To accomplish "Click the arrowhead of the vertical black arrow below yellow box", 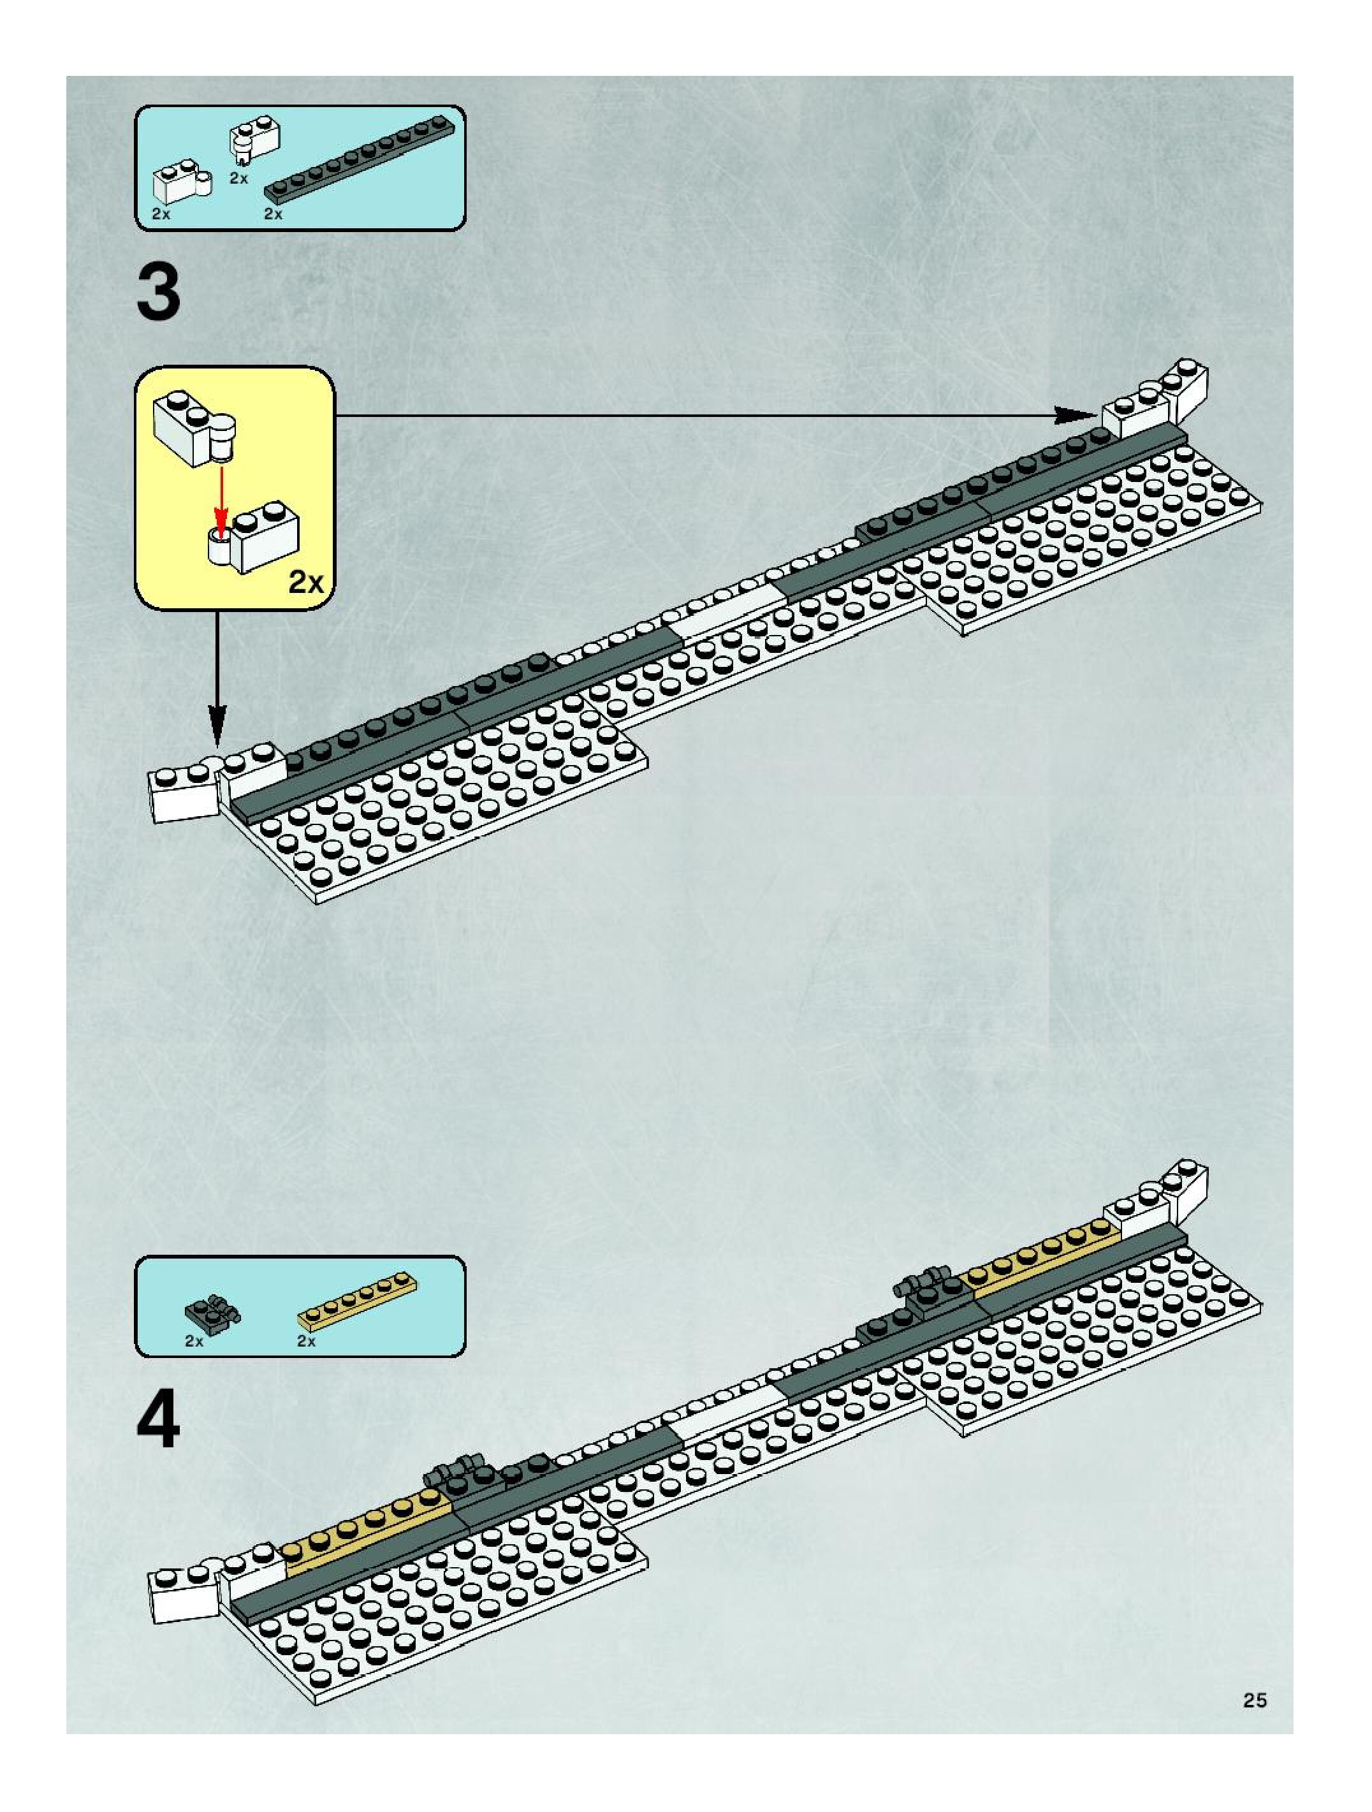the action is coord(217,728).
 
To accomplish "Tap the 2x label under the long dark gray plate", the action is coord(273,214).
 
